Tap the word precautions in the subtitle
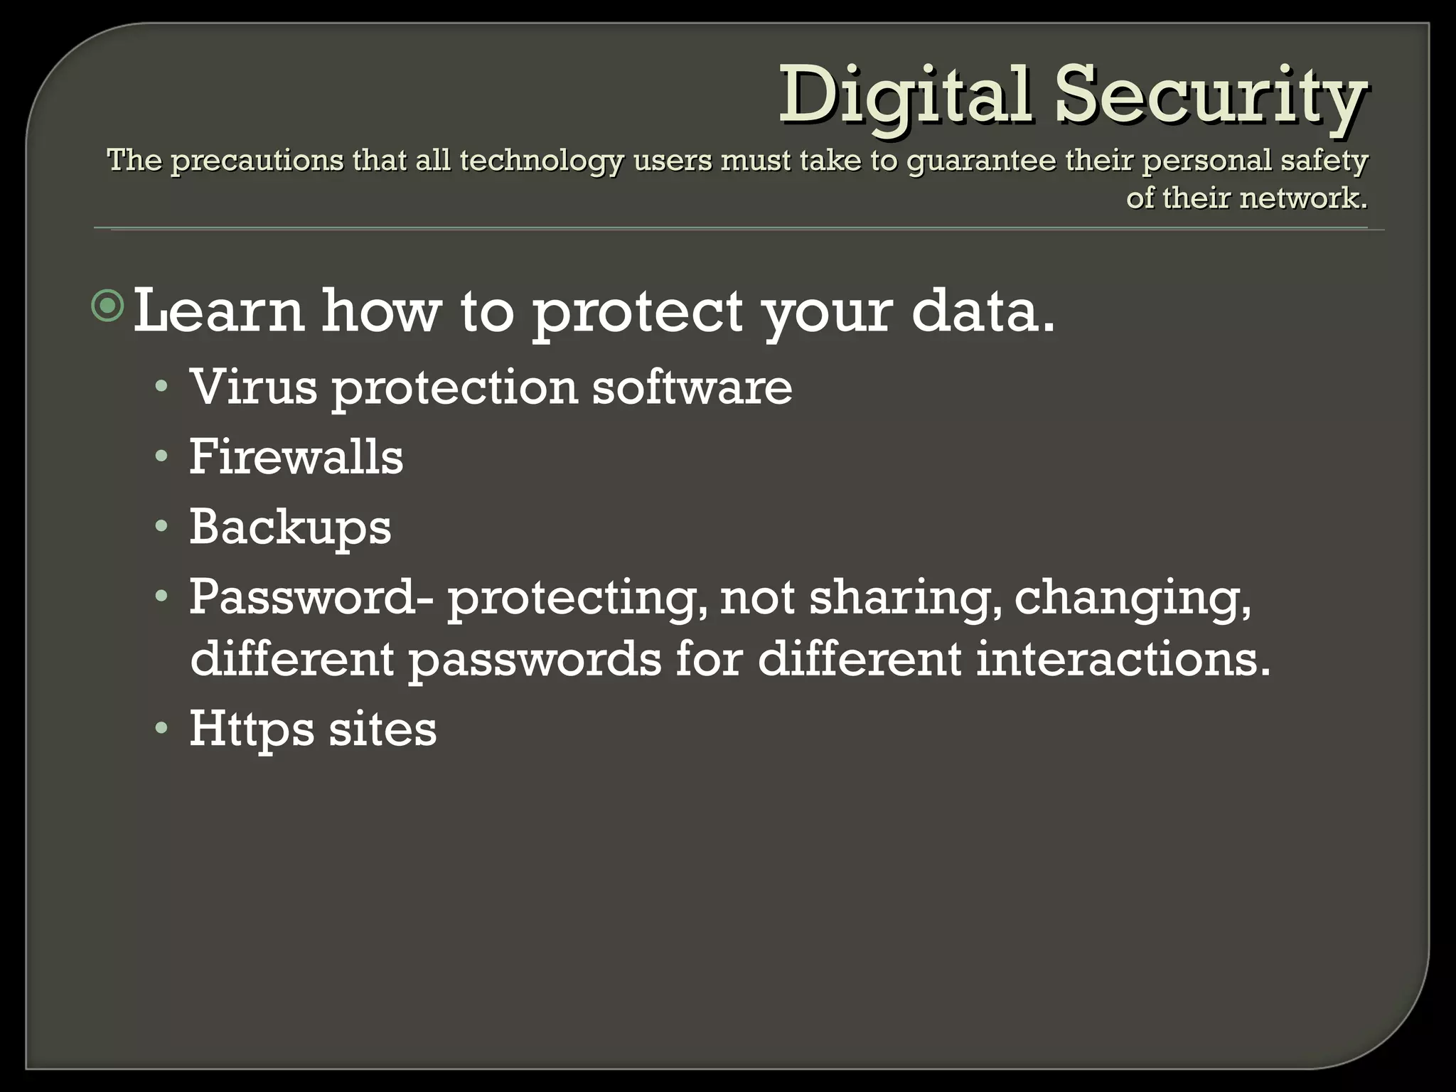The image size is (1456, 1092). point(255,161)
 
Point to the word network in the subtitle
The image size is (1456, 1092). point(1299,198)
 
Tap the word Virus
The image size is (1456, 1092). point(253,387)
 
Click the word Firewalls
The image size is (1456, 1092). point(296,456)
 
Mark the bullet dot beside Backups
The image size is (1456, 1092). point(162,527)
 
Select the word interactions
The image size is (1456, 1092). point(1123,658)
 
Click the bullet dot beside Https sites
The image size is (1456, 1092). point(162,728)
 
